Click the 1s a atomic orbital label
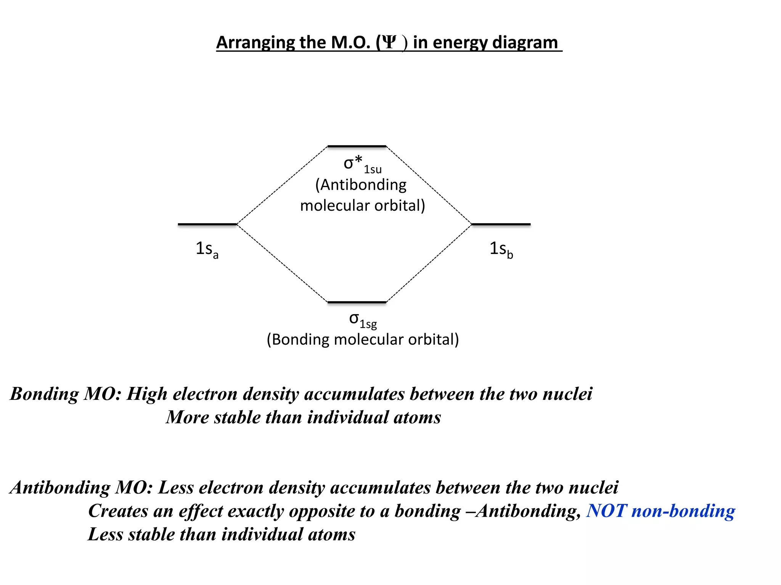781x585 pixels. click(207, 249)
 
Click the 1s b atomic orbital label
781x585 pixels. click(501, 249)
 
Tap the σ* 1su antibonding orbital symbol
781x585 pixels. click(362, 164)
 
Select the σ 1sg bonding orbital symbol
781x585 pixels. click(363, 320)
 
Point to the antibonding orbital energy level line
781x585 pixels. click(357, 146)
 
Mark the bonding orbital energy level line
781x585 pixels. click(357, 302)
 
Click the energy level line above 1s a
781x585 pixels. click(207, 224)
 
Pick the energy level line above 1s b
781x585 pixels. click(501, 224)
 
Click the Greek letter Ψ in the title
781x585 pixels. click(389, 42)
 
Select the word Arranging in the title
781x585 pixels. click(255, 43)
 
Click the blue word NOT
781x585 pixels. click(606, 511)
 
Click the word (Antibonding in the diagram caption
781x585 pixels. click(361, 185)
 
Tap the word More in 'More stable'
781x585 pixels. click(187, 417)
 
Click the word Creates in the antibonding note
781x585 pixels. click(118, 511)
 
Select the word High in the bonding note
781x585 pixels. click(147, 394)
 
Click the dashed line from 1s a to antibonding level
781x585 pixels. click(282, 185)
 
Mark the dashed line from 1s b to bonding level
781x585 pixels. click(429, 263)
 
